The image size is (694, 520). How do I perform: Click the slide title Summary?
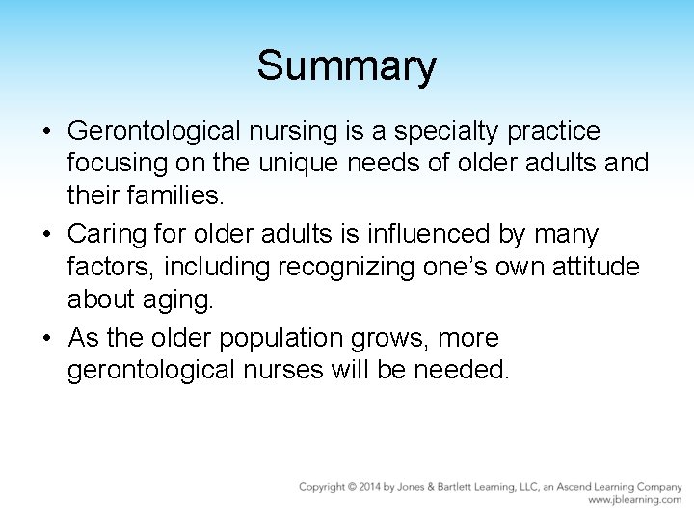(x=346, y=66)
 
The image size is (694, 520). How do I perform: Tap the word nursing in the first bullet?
(x=306, y=131)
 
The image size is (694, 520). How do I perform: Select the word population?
(x=283, y=339)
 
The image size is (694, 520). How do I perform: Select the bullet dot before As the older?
(x=47, y=339)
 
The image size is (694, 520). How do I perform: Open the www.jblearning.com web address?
(x=635, y=500)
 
